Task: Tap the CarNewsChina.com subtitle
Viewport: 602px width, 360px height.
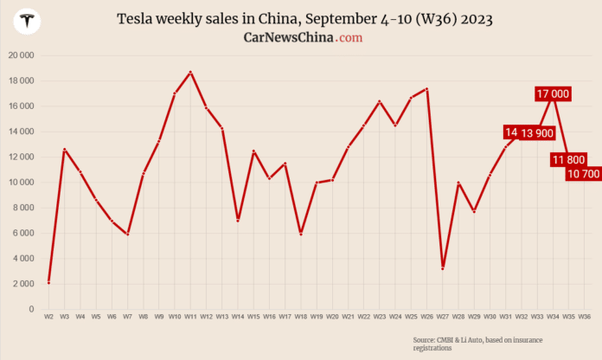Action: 303,37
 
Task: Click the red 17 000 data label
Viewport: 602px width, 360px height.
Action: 552,93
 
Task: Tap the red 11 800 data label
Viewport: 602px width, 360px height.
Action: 567,159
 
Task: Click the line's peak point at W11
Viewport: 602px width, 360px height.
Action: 190,72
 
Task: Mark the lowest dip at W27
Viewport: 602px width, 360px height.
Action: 443,268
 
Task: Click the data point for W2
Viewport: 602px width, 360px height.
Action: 49,281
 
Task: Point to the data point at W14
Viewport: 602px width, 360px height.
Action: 238,220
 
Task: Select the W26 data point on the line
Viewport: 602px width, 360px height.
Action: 426,89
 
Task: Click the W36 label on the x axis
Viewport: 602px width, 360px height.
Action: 584,318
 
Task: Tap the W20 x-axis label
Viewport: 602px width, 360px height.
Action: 332,318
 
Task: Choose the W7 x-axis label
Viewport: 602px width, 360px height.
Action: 128,318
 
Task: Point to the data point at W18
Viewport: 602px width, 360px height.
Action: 301,234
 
